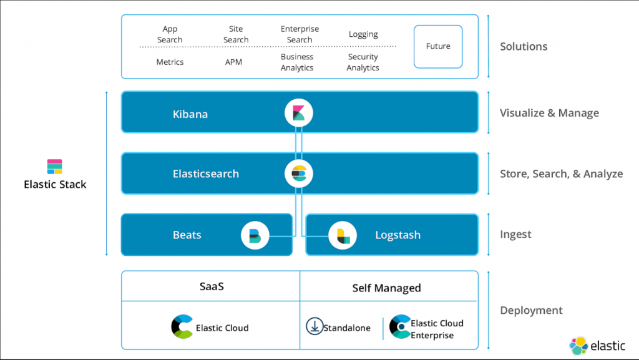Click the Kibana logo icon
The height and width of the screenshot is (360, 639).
pos(298,113)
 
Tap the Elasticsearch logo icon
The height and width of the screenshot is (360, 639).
pos(298,173)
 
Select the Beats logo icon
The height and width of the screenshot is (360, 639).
pos(255,235)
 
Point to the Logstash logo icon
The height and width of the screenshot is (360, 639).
pos(343,235)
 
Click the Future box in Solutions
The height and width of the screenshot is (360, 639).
pos(438,46)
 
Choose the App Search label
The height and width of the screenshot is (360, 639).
pos(170,34)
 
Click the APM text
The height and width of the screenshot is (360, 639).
pos(233,62)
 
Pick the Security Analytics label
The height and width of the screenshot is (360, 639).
pos(363,62)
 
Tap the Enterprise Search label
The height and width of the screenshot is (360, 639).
pos(300,34)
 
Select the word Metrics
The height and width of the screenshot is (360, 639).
pos(170,62)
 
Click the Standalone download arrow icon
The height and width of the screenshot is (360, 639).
pos(314,326)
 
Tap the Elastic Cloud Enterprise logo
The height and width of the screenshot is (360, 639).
pos(399,327)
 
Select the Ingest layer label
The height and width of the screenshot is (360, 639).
pos(515,235)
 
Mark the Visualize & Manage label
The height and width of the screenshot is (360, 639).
pos(549,113)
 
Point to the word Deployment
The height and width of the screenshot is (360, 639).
pos(531,310)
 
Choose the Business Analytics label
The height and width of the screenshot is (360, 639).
pos(297,62)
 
